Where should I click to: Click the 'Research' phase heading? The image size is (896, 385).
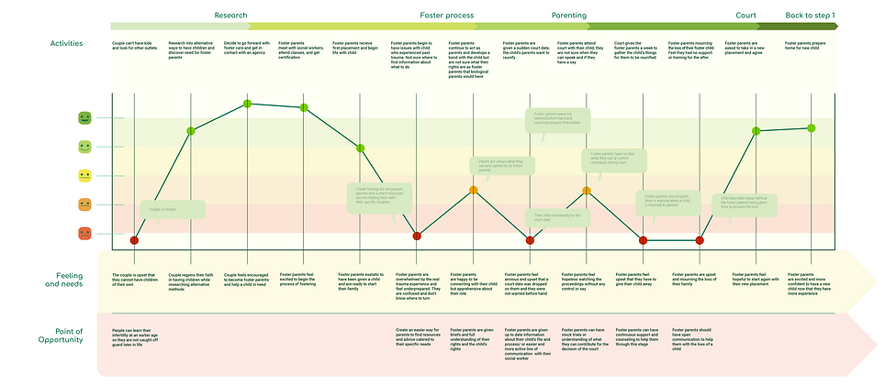(x=230, y=16)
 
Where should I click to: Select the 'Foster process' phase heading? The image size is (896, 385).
(x=446, y=16)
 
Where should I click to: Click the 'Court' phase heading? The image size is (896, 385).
(x=746, y=16)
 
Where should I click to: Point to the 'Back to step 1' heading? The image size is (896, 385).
(x=816, y=16)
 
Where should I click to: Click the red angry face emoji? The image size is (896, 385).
(x=84, y=233)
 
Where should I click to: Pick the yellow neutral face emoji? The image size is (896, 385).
(x=84, y=175)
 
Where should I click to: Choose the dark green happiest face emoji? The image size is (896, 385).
(x=84, y=117)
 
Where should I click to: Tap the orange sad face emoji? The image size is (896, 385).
(x=84, y=203)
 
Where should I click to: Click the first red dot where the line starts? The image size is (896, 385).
(x=134, y=240)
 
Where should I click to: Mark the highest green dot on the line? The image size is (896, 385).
(x=247, y=104)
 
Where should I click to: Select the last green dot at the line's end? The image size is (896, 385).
(x=812, y=127)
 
